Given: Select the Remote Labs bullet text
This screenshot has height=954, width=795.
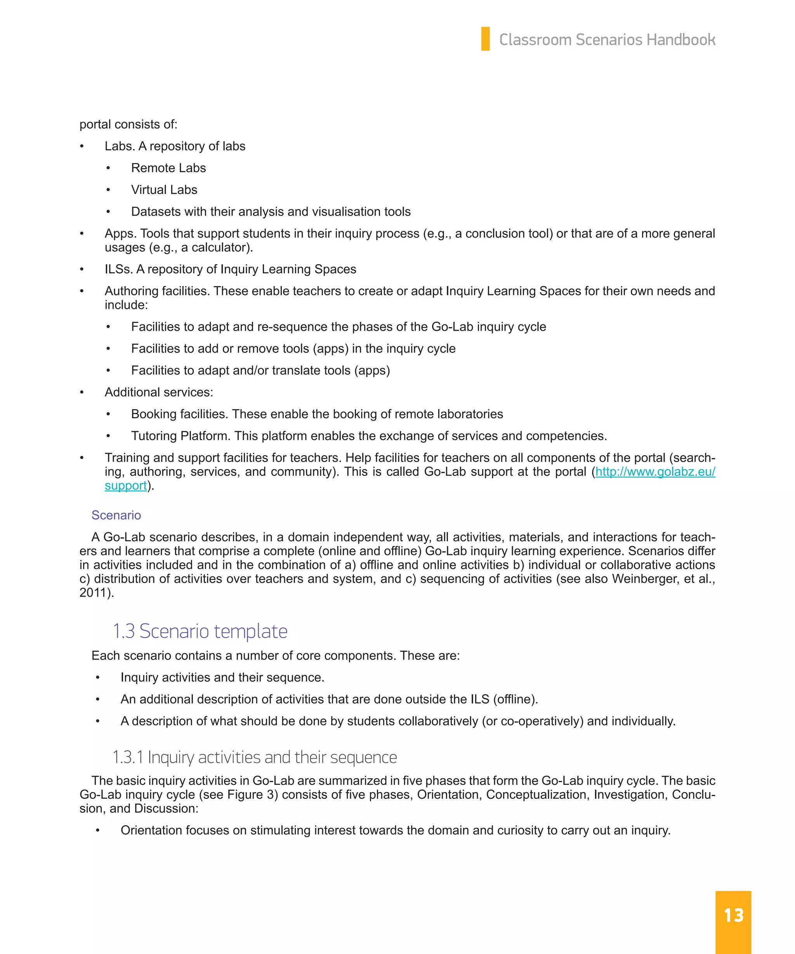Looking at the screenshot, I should [168, 168].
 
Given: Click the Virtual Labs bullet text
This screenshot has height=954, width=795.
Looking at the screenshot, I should [164, 190].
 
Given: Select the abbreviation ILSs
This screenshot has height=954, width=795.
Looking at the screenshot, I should [118, 269].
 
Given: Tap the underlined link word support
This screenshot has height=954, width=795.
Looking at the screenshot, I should [125, 486].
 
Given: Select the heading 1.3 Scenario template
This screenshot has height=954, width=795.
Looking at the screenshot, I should [200, 631].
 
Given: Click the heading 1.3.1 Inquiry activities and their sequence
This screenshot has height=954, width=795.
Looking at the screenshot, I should [254, 757].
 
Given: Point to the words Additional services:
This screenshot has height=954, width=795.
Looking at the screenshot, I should [158, 392].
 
